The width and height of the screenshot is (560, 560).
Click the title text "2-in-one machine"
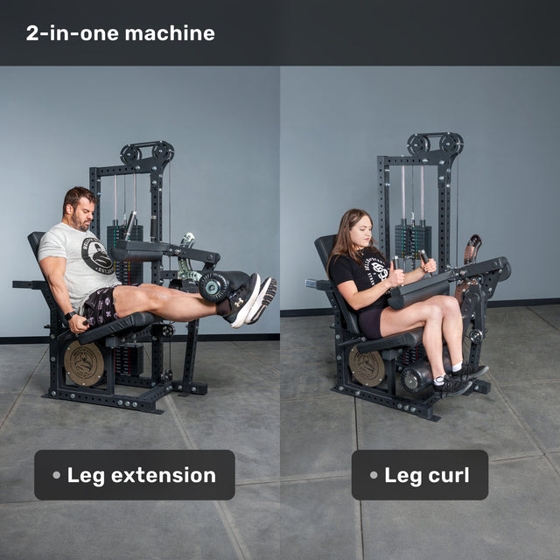121,33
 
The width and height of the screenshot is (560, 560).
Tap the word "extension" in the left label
164,475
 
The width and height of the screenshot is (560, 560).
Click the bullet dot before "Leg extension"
56,475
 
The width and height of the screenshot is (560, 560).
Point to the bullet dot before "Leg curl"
374,475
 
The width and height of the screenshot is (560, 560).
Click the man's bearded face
83,213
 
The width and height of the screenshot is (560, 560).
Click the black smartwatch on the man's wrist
70,315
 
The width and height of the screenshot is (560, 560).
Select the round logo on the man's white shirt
97,255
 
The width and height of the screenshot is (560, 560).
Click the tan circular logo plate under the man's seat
84,363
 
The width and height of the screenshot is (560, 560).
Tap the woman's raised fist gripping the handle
396,273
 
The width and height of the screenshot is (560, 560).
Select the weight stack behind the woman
413,241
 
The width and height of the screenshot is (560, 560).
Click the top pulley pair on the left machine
147,152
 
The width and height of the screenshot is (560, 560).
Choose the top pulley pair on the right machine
436,143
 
